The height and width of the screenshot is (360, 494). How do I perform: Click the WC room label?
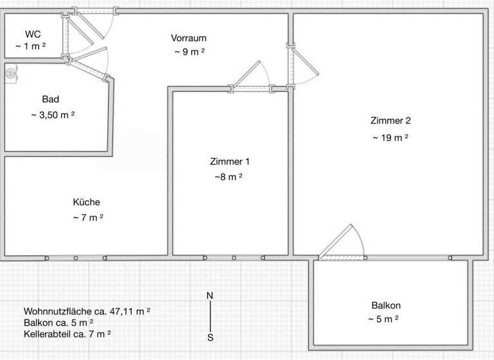point(32,34)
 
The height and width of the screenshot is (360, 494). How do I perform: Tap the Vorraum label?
point(188,37)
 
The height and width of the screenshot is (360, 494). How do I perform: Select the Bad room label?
point(51,99)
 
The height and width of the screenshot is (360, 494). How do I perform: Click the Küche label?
point(86,202)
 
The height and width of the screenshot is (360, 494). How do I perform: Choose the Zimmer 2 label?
point(390,120)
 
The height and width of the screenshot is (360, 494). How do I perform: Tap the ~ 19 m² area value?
point(390,137)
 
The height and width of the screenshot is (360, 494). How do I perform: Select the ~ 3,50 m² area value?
point(53,115)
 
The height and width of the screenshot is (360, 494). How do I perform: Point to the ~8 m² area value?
point(228,176)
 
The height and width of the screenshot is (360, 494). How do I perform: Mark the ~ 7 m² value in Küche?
point(88,218)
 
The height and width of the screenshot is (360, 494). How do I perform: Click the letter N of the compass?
point(210,296)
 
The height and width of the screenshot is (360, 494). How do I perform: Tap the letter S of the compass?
point(210,337)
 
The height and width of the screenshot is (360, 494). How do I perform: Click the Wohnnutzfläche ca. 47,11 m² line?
point(87,310)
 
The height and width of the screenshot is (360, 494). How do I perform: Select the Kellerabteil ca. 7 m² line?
point(67,334)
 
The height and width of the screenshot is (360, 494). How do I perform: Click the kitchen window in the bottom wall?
point(76,258)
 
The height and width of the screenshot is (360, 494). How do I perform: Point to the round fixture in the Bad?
point(11,73)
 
